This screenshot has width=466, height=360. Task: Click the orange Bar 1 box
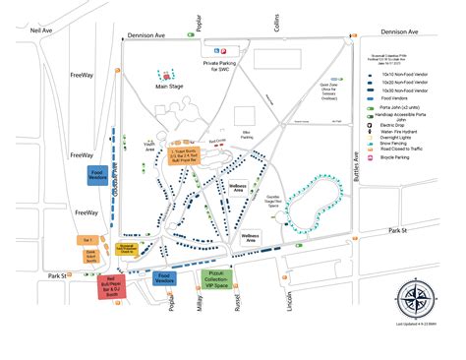[87, 239]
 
